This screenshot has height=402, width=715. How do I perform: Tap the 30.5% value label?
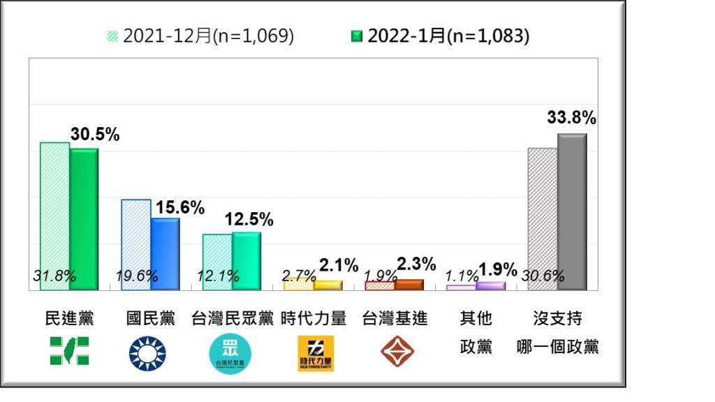coord(94,134)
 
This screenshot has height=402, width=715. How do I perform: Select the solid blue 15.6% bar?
coord(165,253)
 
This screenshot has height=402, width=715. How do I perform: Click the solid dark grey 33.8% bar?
coord(572,211)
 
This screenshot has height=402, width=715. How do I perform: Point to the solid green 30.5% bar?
coord(84,219)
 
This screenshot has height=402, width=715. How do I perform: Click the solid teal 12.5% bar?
coord(246,260)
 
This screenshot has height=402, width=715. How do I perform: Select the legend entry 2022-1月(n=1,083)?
coord(439,36)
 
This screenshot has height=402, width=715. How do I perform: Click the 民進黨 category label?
coord(68,319)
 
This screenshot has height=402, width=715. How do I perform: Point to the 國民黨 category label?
coord(149,319)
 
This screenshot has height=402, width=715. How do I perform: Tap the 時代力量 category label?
coord(314,319)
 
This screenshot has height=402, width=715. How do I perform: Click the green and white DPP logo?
coord(69,351)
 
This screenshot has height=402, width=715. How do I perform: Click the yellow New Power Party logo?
coord(316,353)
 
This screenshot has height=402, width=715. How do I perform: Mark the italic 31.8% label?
coord(54,276)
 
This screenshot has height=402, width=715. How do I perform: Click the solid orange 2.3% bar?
coord(409,285)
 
